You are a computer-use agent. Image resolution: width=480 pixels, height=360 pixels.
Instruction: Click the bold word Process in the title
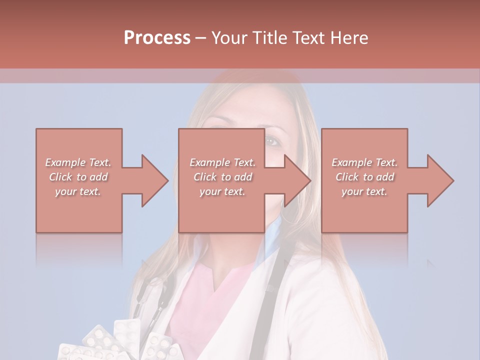point(157,38)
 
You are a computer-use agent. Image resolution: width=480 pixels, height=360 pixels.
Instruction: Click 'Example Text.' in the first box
point(78,162)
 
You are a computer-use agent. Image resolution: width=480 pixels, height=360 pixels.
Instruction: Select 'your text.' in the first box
point(78,191)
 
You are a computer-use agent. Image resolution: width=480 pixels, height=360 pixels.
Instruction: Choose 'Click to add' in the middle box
point(222,177)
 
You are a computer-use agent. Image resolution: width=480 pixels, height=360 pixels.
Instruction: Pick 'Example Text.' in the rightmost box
point(364,162)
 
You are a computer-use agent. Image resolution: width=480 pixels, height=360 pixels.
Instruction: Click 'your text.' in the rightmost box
point(364,191)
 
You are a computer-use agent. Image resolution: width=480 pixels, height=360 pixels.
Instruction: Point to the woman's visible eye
point(272,141)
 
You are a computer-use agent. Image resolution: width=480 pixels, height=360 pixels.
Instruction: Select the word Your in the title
point(228,38)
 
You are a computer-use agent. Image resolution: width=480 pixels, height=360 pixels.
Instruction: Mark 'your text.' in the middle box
point(222,191)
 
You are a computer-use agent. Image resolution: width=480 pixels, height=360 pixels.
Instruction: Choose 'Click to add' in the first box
point(78,177)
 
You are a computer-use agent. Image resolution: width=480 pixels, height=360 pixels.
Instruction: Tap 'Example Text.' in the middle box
point(222,162)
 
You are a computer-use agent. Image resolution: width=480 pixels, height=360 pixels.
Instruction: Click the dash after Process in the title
point(201,38)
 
